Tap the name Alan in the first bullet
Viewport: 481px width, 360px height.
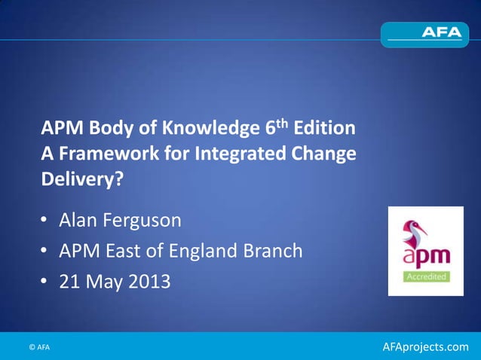click(85, 221)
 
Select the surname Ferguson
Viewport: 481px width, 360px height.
click(155, 221)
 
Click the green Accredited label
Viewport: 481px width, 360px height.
click(427, 276)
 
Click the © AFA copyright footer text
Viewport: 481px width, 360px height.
click(39, 346)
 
